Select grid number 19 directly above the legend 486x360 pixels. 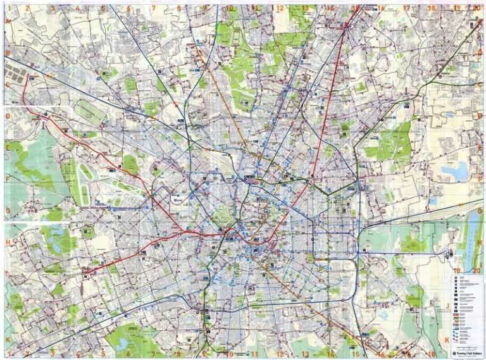(x=456, y=270)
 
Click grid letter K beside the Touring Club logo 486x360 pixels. (x=445, y=338)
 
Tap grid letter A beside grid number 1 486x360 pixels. (x=9, y=20)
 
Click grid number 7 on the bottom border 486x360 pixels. (x=154, y=354)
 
